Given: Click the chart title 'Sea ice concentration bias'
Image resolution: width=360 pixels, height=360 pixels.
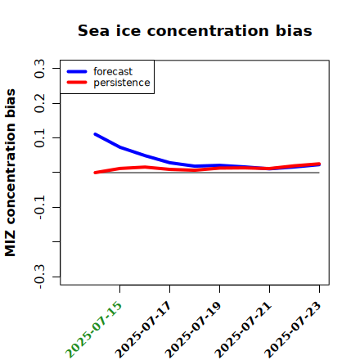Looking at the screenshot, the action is pyautogui.click(x=195, y=30).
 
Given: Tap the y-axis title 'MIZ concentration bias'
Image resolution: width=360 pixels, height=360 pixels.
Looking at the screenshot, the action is pyautogui.click(x=11, y=173).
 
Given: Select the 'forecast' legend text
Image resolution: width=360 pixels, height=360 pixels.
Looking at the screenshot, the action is pyautogui.click(x=113, y=71).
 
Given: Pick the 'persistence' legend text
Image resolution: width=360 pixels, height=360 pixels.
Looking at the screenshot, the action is pyautogui.click(x=122, y=83).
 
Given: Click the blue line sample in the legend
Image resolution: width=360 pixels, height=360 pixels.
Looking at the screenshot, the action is pyautogui.click(x=77, y=71).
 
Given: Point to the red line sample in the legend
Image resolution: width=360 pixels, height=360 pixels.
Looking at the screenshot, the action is pyautogui.click(x=77, y=83).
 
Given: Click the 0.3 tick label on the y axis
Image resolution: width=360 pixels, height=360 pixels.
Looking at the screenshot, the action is pyautogui.click(x=39, y=69).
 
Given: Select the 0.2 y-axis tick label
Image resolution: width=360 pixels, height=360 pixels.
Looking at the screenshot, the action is pyautogui.click(x=39, y=103).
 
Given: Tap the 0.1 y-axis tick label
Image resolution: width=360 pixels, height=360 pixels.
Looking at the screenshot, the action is pyautogui.click(x=39, y=138).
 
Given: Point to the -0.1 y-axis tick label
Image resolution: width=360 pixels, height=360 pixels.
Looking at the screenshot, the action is pyautogui.click(x=39, y=208).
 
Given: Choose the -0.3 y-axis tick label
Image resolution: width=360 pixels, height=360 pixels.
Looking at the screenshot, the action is pyautogui.click(x=39, y=277).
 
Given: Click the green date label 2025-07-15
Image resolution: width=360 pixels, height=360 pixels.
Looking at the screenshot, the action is pyautogui.click(x=93, y=329).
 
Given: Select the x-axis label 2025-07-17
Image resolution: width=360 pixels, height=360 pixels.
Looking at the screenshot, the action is pyautogui.click(x=143, y=329).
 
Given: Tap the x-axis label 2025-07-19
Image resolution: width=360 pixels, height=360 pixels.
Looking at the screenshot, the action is pyautogui.click(x=193, y=329).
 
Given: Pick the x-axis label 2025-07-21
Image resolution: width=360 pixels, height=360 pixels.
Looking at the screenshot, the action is pyautogui.click(x=243, y=329).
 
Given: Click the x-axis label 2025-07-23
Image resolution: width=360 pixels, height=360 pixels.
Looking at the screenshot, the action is pyautogui.click(x=293, y=329).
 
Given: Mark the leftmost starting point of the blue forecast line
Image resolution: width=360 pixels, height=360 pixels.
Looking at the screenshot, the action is pyautogui.click(x=95, y=134).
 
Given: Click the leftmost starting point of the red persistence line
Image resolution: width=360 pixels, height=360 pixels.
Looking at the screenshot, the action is pyautogui.click(x=95, y=173).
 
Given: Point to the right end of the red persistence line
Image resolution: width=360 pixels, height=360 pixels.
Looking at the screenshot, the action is pyautogui.click(x=319, y=164).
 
